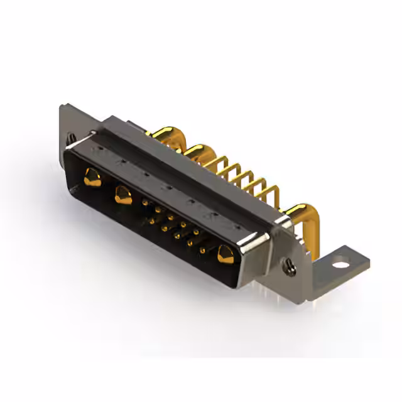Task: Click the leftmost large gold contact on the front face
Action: click(92, 177)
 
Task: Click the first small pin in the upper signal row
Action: click(146, 203)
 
